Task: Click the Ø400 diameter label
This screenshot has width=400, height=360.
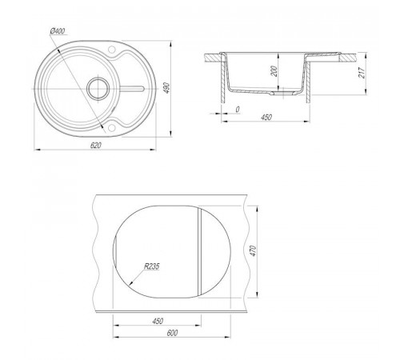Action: tap(58, 31)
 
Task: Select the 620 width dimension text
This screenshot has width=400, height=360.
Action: tap(96, 146)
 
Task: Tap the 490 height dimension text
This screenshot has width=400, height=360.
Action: tap(166, 88)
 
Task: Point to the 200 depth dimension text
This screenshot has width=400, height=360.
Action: tap(274, 71)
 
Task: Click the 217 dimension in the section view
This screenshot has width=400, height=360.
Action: tap(362, 72)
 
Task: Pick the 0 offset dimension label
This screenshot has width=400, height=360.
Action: tap(238, 109)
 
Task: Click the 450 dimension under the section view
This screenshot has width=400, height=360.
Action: tap(266, 117)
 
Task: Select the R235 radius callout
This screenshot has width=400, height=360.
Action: tap(151, 266)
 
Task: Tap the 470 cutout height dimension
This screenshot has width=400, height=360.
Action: tap(253, 251)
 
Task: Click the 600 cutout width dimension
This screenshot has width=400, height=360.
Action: tap(172, 333)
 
